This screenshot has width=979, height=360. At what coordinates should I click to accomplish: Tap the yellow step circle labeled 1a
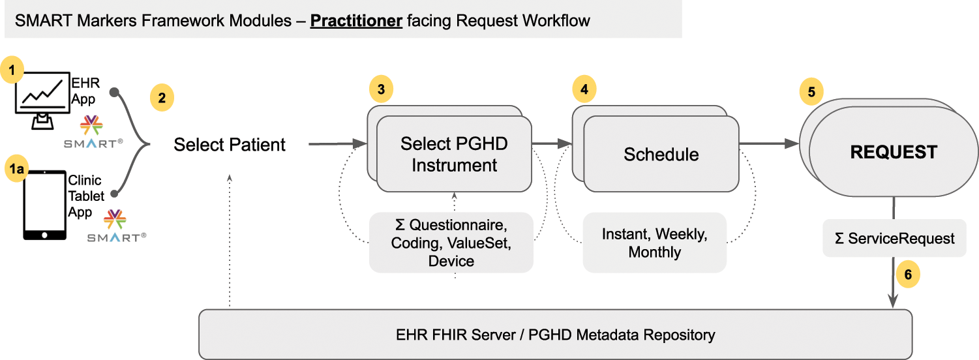15,169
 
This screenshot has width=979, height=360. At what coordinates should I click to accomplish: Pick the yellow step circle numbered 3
381,89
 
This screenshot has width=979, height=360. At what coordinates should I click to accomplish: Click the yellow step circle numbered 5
811,92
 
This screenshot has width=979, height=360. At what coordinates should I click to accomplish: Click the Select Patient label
230,144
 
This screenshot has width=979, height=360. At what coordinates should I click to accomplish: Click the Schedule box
661,154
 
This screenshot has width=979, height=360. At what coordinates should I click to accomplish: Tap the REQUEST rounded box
893,153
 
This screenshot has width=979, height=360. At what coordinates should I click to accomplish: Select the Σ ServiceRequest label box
894,238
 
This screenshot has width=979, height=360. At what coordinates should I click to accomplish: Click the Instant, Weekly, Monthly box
654,243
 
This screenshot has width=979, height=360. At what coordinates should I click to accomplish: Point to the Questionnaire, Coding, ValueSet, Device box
451,243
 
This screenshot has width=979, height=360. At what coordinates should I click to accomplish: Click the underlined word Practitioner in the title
356,20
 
